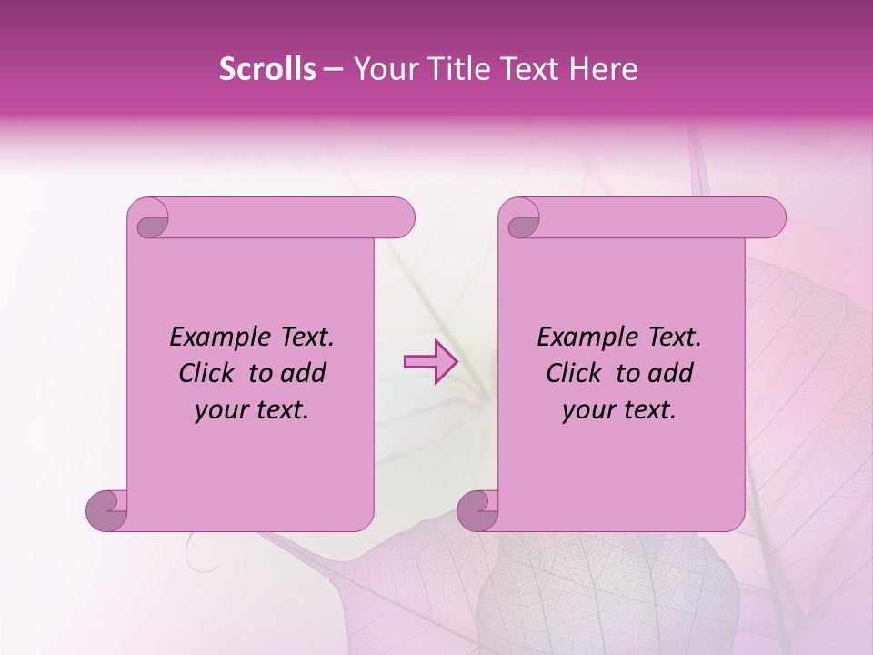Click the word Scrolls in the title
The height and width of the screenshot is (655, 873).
[x=268, y=69]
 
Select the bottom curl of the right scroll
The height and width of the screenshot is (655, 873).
[x=478, y=509]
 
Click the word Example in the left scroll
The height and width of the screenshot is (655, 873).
[x=216, y=338]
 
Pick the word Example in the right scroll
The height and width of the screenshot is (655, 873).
[x=584, y=338]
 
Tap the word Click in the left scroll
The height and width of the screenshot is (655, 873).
[x=206, y=373]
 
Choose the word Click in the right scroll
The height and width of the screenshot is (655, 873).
[x=574, y=373]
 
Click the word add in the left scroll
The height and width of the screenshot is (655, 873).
[x=304, y=373]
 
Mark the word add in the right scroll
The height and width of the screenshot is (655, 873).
[x=671, y=373]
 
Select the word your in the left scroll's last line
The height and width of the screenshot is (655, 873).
[x=221, y=410]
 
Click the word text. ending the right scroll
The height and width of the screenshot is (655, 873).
[x=647, y=410]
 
